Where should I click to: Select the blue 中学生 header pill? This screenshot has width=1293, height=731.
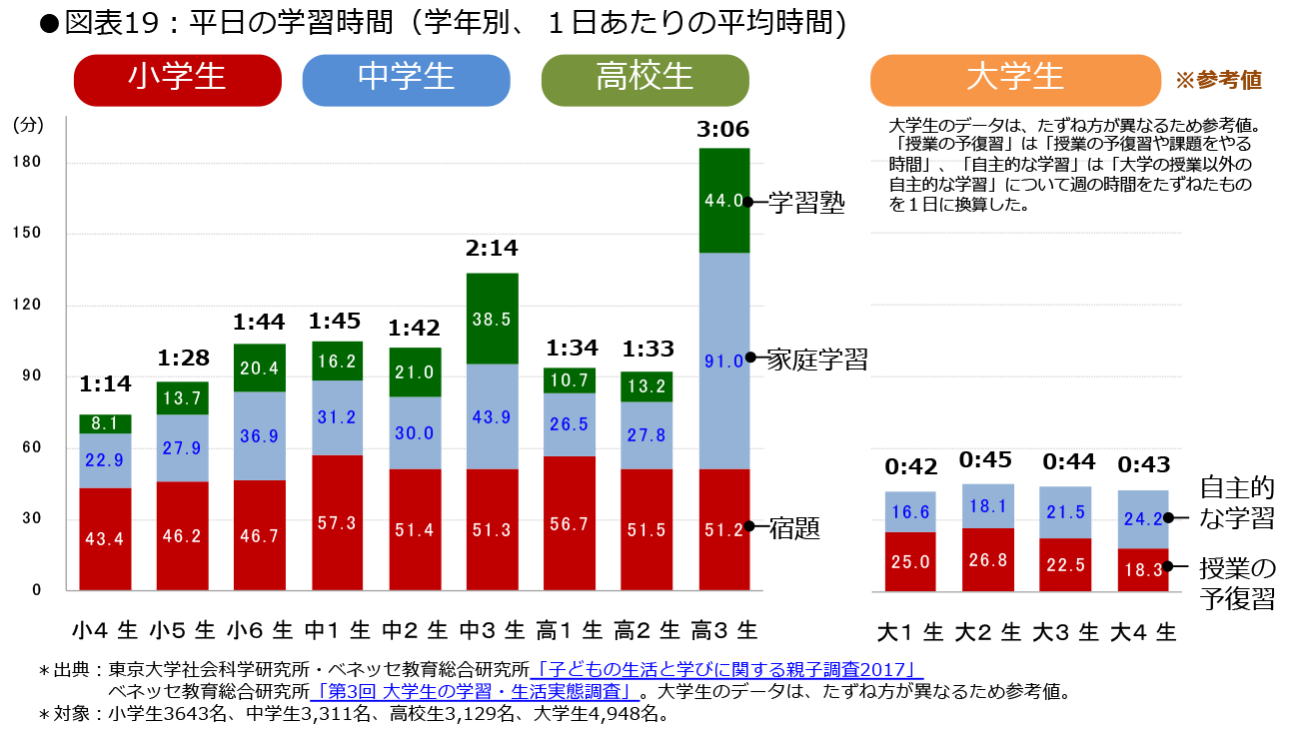[x=406, y=80]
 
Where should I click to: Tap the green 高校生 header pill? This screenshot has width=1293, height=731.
[x=645, y=80]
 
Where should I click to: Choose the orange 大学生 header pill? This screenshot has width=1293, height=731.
[x=1015, y=80]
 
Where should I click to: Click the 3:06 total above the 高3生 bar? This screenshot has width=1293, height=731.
[x=723, y=130]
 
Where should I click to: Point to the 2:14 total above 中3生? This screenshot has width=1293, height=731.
[x=492, y=249]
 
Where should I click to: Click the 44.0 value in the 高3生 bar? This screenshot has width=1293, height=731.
[x=723, y=201]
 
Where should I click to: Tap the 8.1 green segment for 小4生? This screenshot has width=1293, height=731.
[x=105, y=423]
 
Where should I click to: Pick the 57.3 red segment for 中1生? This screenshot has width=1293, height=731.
[x=337, y=523]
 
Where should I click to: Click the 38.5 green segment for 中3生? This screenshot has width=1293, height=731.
[x=492, y=319]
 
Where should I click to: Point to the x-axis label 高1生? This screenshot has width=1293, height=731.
[x=569, y=631]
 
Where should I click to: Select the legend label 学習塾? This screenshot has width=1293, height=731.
[x=806, y=204]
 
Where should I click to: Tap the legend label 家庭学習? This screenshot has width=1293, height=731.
[x=816, y=360]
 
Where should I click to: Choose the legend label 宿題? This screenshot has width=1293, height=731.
[x=794, y=528]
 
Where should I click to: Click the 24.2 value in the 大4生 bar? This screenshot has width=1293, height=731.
[x=1141, y=518]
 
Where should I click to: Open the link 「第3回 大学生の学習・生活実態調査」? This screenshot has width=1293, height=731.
[x=474, y=691]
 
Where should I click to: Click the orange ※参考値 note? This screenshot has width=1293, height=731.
[x=1217, y=81]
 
